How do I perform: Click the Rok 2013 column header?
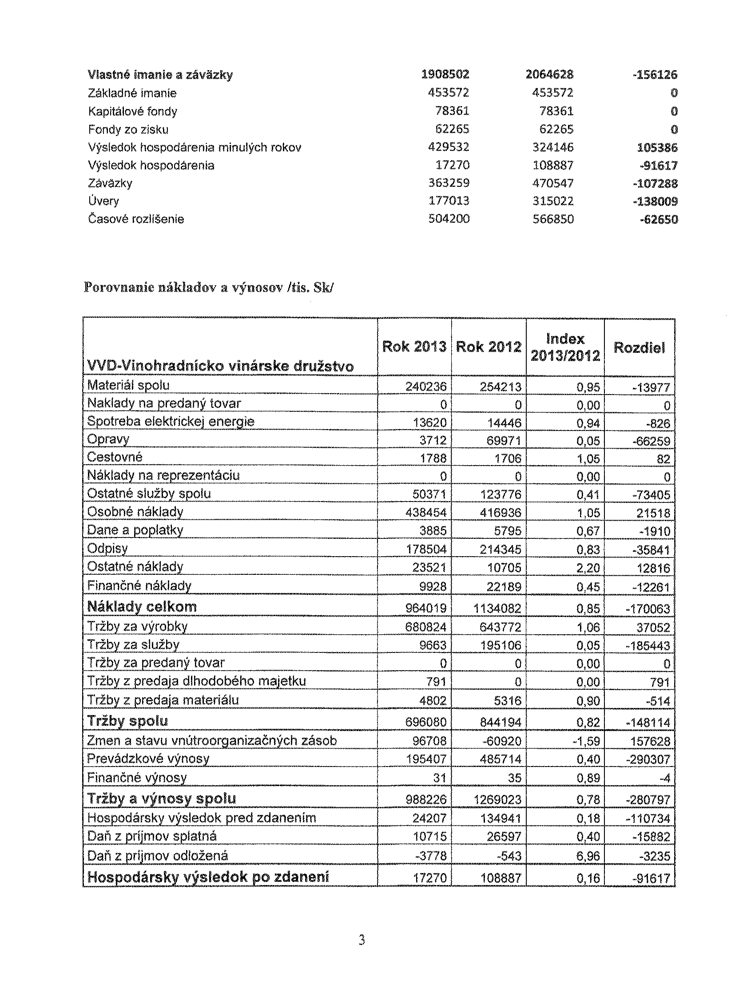point(414,347)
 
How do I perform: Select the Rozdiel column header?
point(639,347)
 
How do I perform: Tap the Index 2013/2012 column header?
point(565,348)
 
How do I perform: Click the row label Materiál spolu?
point(128,385)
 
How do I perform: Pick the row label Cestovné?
point(115,457)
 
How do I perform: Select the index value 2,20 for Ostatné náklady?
point(588,568)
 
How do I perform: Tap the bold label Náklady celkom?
point(142,607)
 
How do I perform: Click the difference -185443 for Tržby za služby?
point(649,645)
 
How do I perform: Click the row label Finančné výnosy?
point(136,777)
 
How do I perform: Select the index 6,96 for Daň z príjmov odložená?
point(588,856)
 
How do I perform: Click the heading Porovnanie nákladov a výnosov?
point(208,287)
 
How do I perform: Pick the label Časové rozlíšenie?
point(136,219)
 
